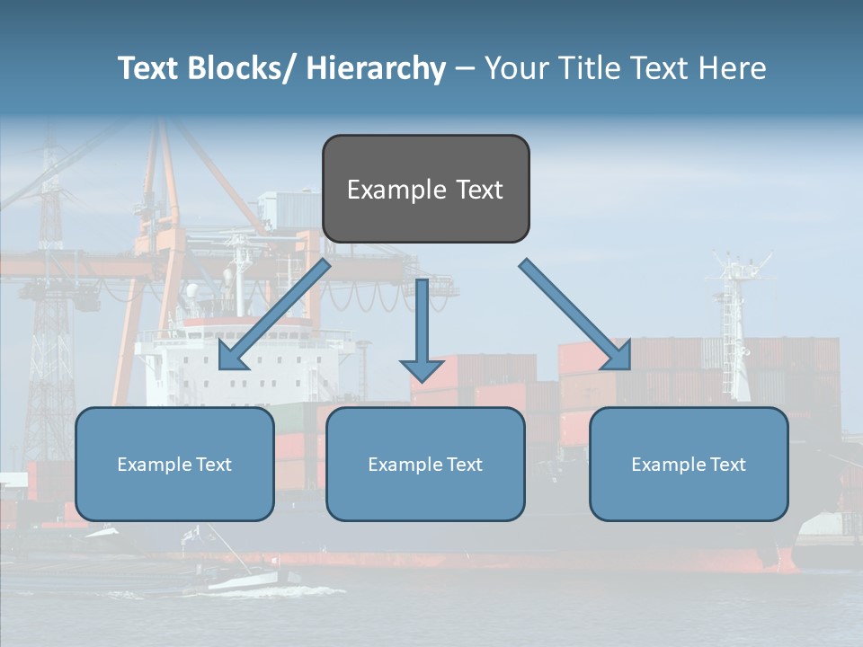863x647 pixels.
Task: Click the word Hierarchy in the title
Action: pos(376,69)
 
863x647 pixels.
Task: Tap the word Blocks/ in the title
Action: pos(241,68)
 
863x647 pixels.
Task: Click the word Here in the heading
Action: pos(730,68)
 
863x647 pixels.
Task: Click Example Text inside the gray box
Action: pos(425,190)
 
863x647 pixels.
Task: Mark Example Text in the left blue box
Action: pos(174,465)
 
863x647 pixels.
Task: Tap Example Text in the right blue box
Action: pos(689,465)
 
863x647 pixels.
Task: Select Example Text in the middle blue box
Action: pos(425,465)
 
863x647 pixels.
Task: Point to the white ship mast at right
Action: pos(739,323)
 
